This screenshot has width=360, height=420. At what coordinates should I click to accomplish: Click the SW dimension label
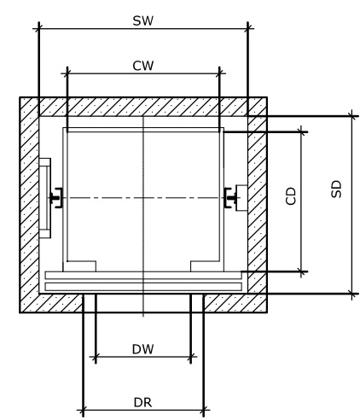tap(143, 21)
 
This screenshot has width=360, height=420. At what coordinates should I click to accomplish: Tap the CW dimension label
tap(143, 66)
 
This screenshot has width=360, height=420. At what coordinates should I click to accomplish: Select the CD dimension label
tap(291, 196)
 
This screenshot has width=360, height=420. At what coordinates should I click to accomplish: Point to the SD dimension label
tap(336, 189)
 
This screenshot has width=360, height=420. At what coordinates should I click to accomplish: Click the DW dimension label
tap(143, 349)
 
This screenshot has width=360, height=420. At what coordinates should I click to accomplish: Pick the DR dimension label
tap(142, 403)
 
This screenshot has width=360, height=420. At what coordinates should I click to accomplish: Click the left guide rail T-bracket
tap(55, 198)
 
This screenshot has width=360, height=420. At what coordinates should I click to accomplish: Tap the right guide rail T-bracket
tap(230, 198)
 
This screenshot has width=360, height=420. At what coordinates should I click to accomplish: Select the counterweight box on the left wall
tap(44, 198)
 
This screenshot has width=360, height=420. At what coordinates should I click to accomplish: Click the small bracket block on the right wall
tap(241, 198)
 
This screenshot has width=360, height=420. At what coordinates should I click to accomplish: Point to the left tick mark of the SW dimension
tap(39, 28)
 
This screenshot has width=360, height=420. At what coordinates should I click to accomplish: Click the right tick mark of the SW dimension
tap(248, 28)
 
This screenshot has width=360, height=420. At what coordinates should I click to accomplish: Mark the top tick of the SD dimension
tap(352, 116)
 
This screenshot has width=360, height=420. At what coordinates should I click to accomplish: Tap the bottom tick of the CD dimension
tap(302, 271)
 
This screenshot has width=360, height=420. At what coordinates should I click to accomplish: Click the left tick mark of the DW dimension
tap(96, 356)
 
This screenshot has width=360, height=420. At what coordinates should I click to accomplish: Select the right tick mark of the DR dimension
tap(204, 410)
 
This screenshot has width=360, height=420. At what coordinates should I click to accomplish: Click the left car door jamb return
tap(79, 266)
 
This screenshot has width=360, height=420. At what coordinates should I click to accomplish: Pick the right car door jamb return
tap(207, 266)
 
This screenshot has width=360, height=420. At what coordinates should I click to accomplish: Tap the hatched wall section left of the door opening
tap(51, 303)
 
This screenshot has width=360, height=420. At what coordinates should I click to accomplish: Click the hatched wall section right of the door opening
tap(235, 303)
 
